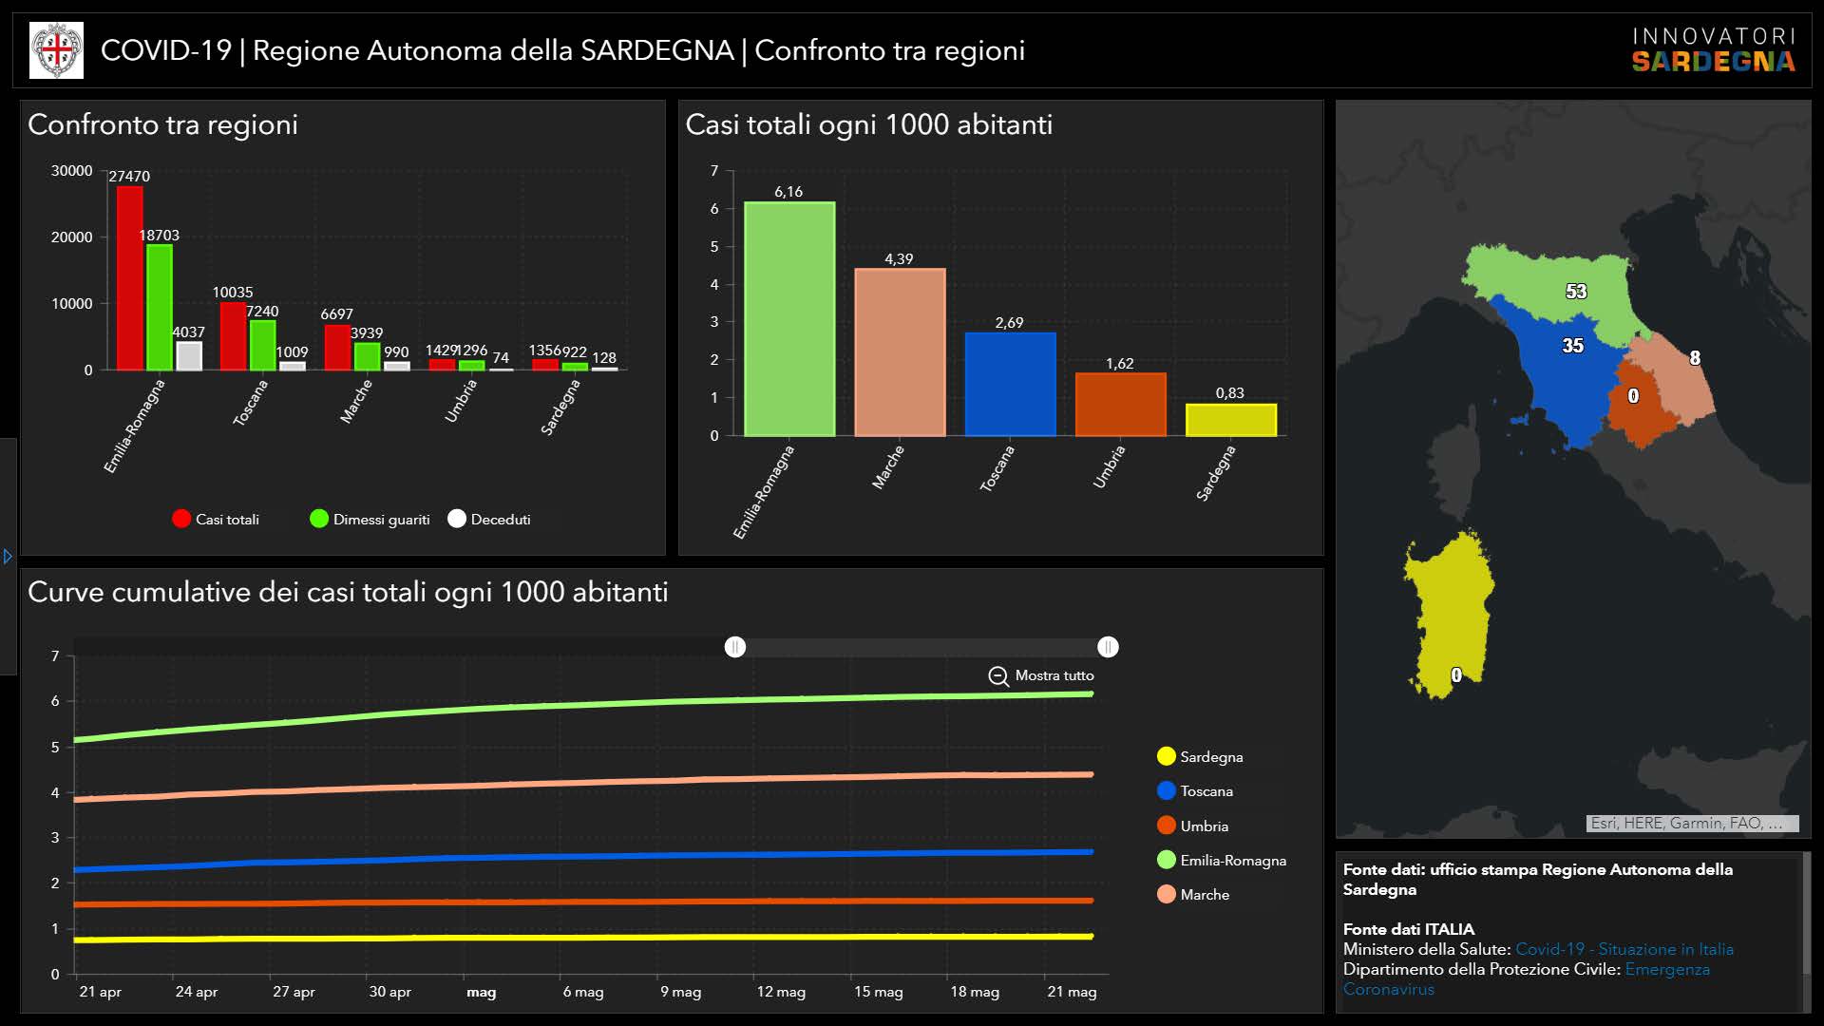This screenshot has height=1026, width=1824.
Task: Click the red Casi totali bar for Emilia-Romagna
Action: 130,277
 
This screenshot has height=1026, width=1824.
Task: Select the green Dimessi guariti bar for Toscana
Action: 262,345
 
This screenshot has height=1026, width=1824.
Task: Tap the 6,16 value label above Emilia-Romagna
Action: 788,192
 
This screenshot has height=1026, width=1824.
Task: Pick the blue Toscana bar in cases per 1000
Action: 1010,384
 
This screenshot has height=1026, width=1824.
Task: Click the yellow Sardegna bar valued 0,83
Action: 1230,420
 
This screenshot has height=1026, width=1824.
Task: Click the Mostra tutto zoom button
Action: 1041,675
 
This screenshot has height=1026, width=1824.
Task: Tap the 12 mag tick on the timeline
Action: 781,992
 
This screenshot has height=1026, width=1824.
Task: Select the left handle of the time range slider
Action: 735,647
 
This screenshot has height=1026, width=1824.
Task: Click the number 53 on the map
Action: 1576,292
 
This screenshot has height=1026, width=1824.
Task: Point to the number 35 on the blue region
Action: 1573,346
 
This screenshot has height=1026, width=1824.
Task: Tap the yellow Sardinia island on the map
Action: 1449,608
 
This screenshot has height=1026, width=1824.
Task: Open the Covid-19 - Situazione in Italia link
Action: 1624,949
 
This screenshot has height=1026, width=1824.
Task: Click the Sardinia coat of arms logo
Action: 57,50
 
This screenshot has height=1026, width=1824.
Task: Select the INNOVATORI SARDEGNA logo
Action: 1713,49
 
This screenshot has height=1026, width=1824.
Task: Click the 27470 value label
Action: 129,177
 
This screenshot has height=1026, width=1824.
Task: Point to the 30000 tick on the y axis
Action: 72,171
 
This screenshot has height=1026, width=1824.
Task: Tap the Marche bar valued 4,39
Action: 900,351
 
